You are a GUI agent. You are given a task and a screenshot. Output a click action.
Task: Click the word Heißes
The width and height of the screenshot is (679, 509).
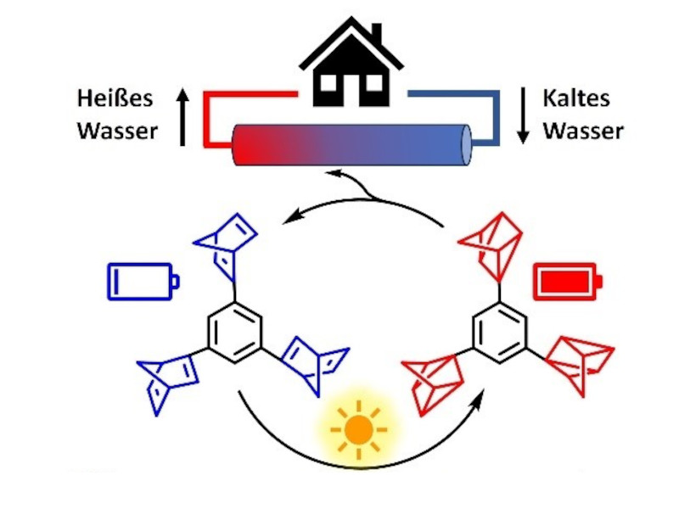[x=115, y=98]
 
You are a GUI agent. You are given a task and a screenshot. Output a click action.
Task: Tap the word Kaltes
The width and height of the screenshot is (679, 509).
[x=576, y=98]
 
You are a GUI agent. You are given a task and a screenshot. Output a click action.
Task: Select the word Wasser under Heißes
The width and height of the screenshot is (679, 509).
[x=117, y=131]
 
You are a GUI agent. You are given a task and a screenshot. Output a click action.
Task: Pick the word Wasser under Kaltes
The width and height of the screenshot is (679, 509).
[x=583, y=131]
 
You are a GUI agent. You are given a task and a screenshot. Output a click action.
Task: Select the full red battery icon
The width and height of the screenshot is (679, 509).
[x=566, y=281]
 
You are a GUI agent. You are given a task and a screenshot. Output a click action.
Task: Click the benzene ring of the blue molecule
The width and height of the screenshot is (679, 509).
[x=233, y=334]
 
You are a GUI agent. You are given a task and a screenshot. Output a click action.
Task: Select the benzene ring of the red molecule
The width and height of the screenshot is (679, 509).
[x=499, y=334]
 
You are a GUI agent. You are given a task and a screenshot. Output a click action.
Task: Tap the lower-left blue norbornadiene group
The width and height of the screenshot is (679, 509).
[x=167, y=381]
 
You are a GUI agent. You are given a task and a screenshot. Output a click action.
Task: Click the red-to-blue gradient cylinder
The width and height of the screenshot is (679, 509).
[x=351, y=143]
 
